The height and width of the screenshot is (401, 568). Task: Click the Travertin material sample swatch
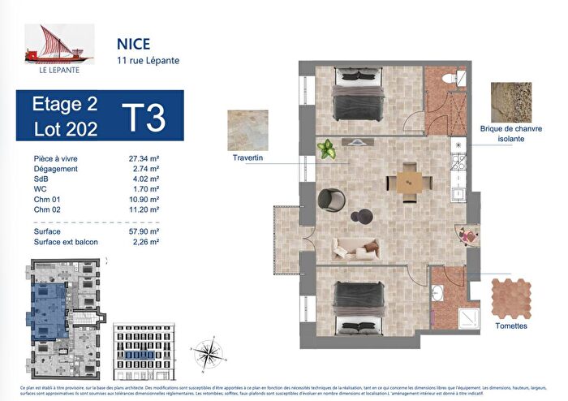click(x=250, y=130)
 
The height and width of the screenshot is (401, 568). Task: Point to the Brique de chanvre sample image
click(x=511, y=102)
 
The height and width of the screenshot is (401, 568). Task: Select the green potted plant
click(x=328, y=149)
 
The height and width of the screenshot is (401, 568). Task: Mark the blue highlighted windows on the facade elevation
click(x=138, y=354)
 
